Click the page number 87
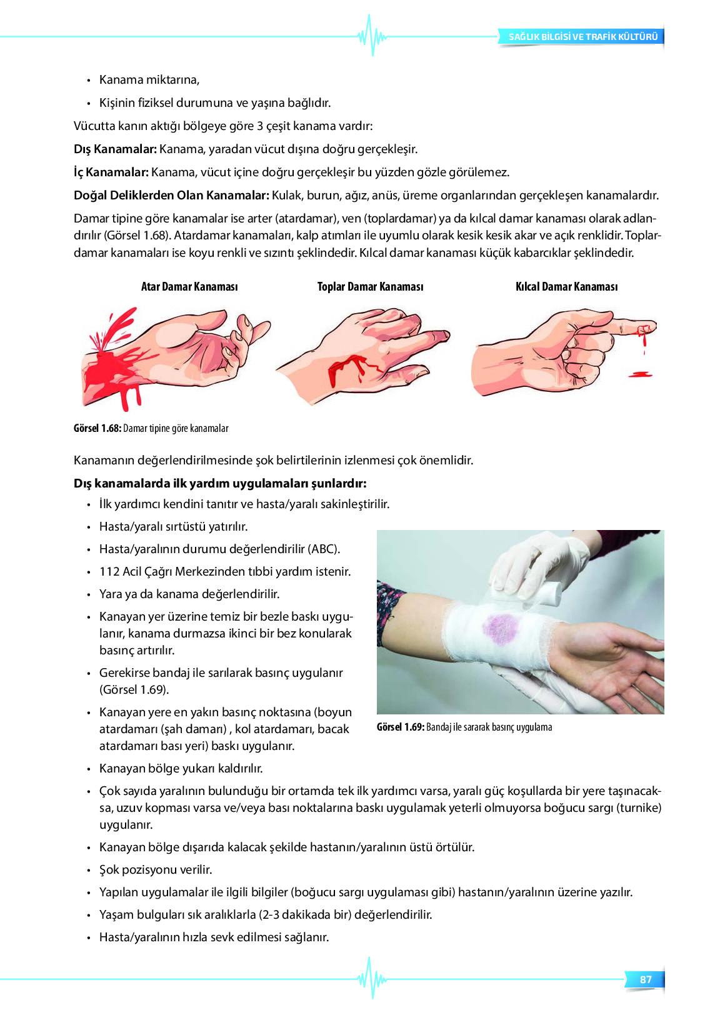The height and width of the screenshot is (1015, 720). pos(646,979)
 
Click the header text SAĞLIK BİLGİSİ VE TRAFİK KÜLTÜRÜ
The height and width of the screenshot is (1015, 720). pos(582,37)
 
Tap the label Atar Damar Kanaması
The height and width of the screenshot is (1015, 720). pos(189,287)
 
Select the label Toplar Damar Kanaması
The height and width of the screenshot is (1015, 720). pos(370,287)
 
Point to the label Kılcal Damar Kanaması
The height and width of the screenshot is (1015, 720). pos(566,287)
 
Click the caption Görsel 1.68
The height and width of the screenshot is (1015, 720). pos(97,429)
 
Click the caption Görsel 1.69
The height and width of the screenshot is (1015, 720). pos(401,727)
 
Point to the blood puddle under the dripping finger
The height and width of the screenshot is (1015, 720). pos(639,374)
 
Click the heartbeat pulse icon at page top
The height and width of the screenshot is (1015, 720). pos(372,36)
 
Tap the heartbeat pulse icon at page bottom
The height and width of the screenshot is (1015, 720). pos(372,978)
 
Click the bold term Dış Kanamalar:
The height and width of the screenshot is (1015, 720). pos(115,149)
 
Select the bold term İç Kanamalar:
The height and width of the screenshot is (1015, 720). pos(111,172)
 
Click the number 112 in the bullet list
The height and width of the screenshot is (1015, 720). pos(109,572)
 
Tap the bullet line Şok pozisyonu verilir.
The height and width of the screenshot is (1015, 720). pos(156,870)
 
